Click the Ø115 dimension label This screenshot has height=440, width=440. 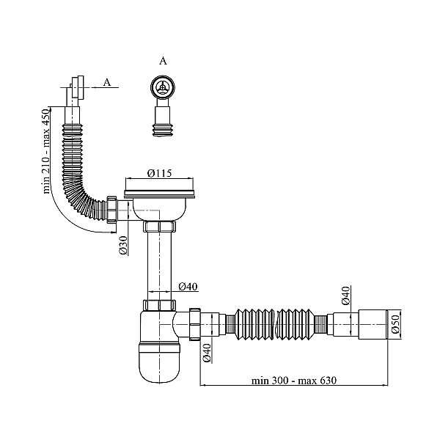159,173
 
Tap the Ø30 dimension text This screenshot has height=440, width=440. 124,246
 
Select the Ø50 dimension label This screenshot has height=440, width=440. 395,323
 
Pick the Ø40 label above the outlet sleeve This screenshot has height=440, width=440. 345,297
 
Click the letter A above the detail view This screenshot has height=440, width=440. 162,62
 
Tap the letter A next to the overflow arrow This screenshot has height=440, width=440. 107,82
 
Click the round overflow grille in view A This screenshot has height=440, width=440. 162,88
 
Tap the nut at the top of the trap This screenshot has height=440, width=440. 160,306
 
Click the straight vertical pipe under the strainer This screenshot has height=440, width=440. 159,264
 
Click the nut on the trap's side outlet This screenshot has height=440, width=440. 195,323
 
